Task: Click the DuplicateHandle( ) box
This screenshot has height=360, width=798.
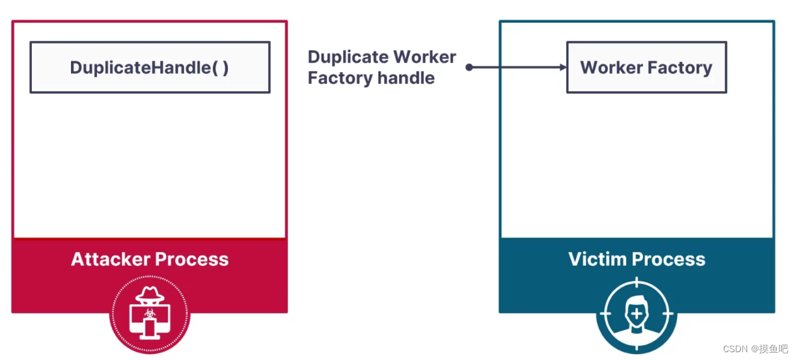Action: [x=150, y=68]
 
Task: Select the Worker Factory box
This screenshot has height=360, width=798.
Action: [x=646, y=68]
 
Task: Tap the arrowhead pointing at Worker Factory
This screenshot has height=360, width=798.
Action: [x=562, y=67]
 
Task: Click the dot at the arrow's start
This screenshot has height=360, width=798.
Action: [x=469, y=67]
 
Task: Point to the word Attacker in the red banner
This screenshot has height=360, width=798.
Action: [x=108, y=260]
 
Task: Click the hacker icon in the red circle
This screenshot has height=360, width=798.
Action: [x=150, y=313]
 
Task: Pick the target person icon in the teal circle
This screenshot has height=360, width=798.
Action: [x=637, y=315]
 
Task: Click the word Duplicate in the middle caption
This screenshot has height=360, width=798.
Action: [x=348, y=57]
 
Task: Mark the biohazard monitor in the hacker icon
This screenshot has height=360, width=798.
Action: [x=150, y=314]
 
